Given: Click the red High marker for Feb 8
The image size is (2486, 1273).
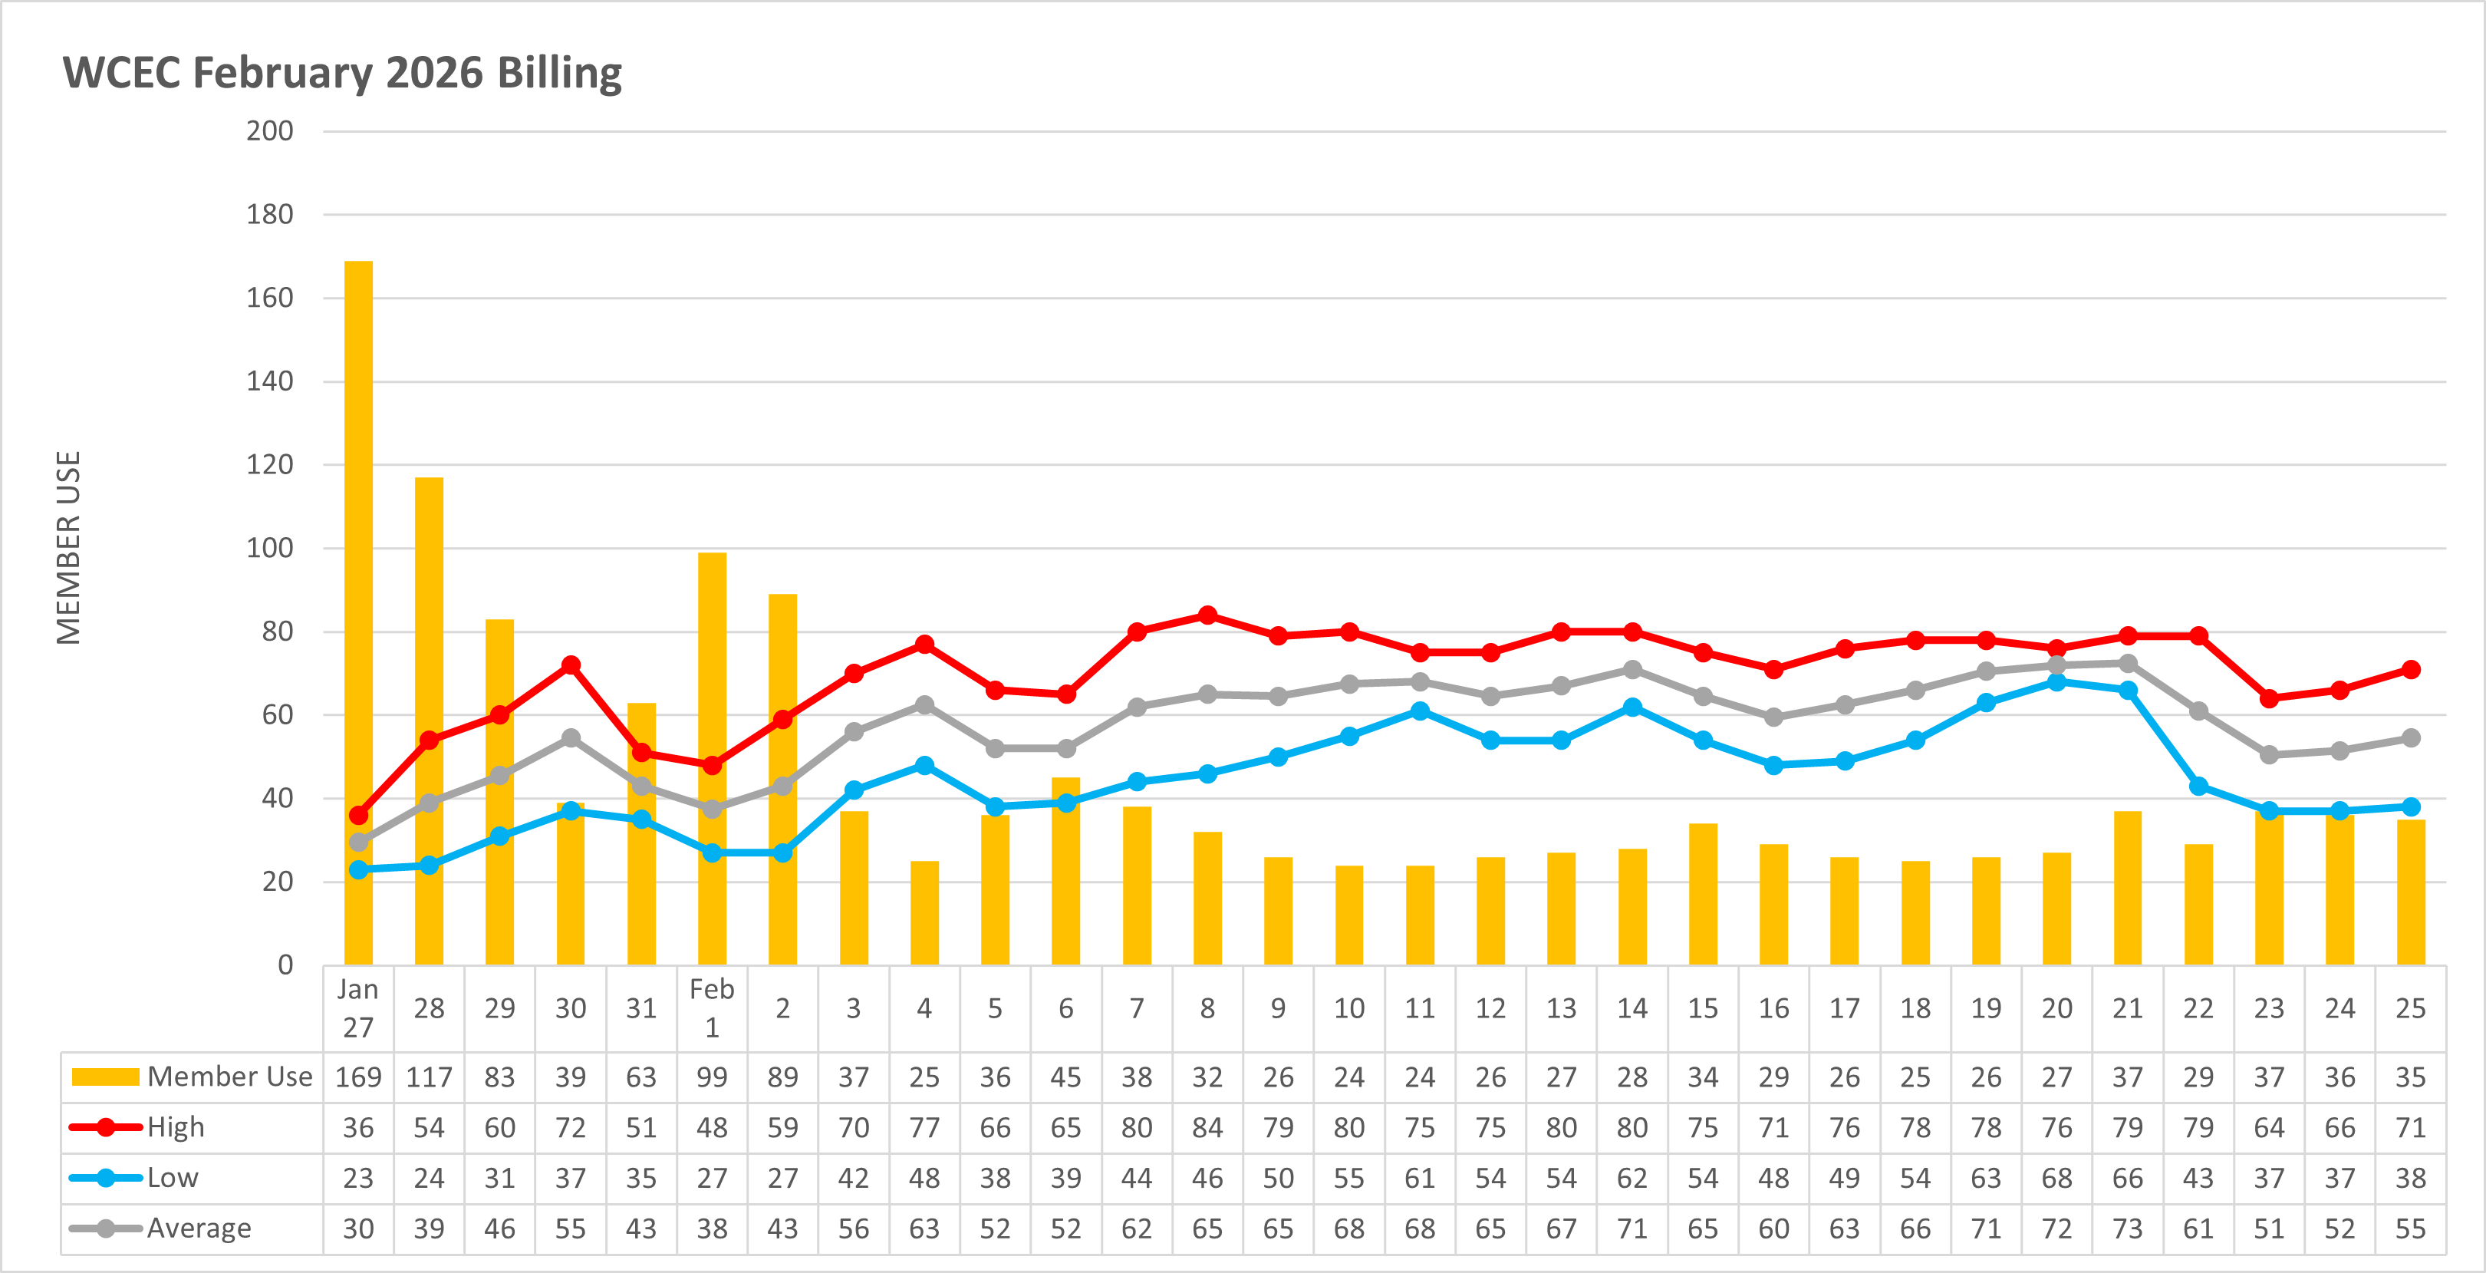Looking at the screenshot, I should click(1207, 615).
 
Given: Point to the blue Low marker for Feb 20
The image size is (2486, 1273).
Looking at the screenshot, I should click(2056, 681).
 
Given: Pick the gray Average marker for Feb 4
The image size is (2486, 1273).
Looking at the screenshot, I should click(924, 704).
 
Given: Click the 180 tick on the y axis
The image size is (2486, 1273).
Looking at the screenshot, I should click(269, 214).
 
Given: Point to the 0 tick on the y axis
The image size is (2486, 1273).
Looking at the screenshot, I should click(285, 965).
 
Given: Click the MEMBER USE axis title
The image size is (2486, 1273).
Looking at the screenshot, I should click(68, 547).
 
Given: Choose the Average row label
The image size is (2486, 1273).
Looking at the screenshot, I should click(198, 1228).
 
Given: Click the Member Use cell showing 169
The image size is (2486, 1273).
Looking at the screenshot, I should click(358, 1077).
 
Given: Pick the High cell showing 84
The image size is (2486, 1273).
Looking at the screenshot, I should click(1207, 1127).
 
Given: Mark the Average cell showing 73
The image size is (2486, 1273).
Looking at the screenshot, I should click(2127, 1228).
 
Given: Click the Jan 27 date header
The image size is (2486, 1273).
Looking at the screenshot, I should click(358, 1008).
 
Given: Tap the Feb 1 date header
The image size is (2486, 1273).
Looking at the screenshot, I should click(713, 1008).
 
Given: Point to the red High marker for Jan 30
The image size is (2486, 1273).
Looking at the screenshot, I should click(571, 665).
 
